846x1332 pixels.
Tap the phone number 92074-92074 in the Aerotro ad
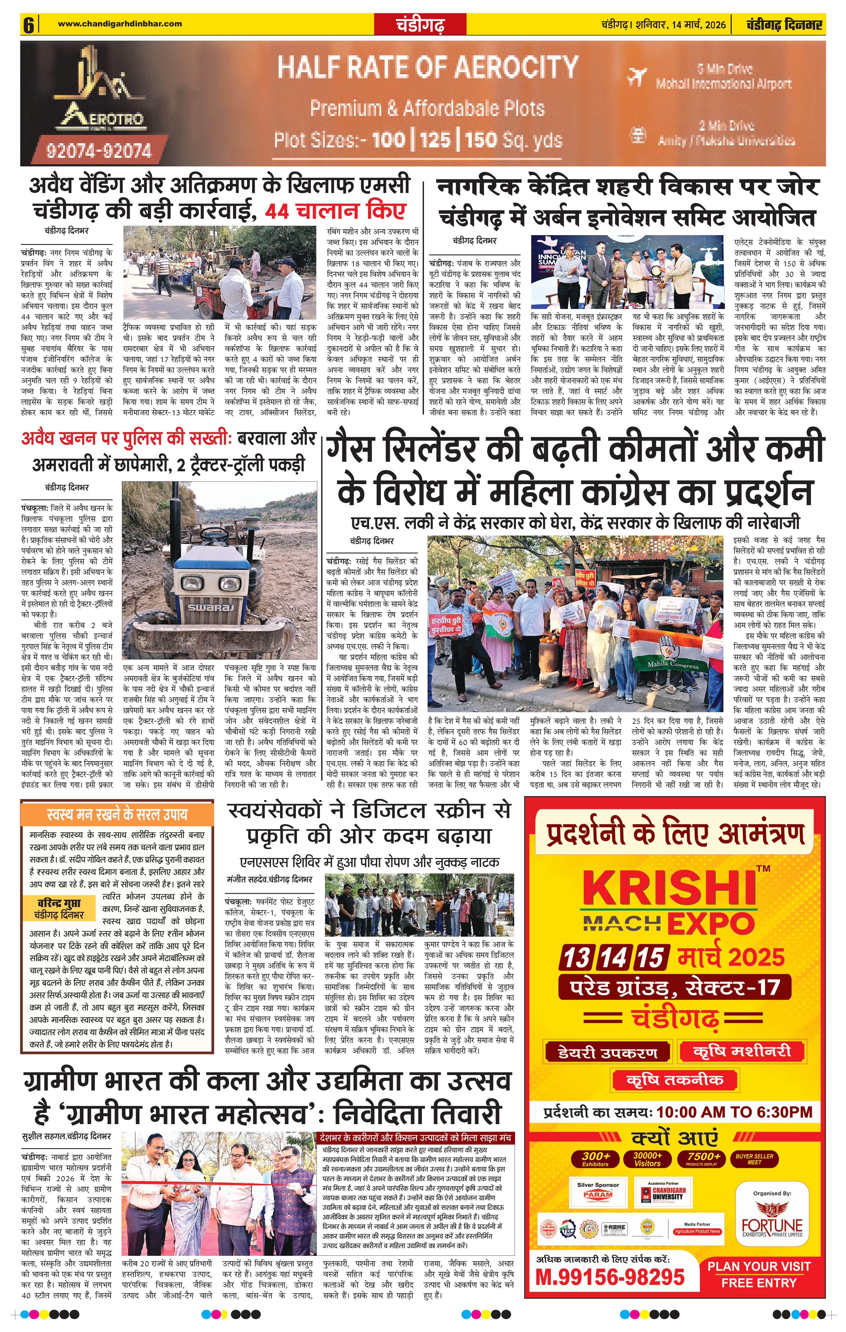click(99, 150)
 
